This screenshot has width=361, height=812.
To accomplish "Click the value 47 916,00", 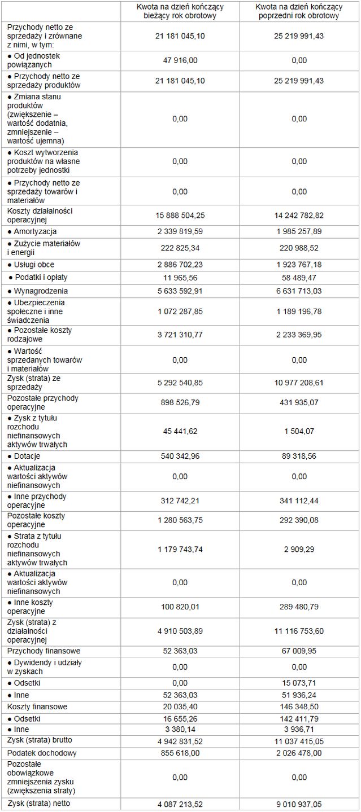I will point(180,60).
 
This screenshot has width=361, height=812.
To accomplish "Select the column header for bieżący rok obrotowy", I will point(180,11).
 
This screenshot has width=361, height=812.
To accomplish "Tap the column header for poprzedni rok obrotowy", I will point(299,11).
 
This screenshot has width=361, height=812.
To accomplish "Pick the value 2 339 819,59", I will point(180,231).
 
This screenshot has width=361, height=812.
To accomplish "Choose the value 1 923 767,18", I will point(299,264).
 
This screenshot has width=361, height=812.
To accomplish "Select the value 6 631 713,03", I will point(299,291).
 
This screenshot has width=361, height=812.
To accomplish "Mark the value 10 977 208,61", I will point(299,383).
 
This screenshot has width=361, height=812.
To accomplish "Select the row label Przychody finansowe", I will point(44,651).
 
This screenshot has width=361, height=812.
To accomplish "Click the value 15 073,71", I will point(299,683).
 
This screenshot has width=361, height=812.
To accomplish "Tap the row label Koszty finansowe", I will point(37,706).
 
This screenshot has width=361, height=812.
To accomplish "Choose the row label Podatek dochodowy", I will point(42,753).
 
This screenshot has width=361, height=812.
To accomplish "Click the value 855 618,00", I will point(180,753).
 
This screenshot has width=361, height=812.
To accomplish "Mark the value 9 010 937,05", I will point(299,804).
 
